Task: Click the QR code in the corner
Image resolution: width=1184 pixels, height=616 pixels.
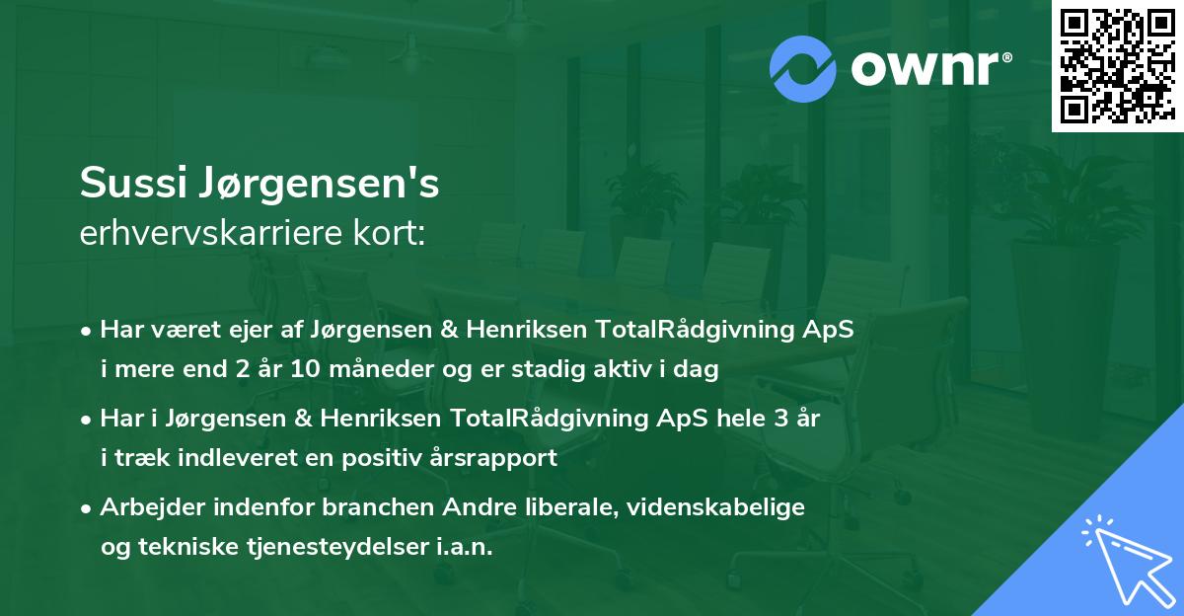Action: click(1118, 65)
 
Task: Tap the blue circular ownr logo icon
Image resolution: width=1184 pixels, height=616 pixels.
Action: click(804, 67)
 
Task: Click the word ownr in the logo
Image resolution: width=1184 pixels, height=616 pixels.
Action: click(930, 67)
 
